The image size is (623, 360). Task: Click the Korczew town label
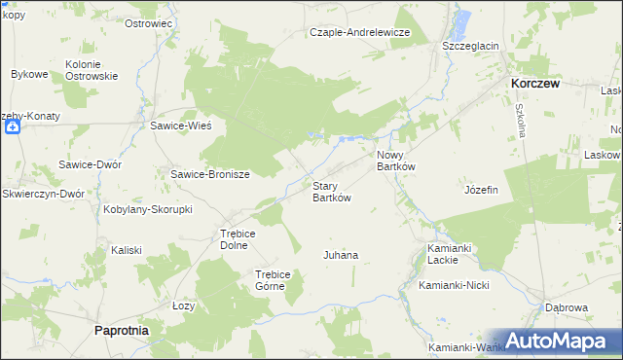coord(535,85)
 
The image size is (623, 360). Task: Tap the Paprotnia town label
coord(121,331)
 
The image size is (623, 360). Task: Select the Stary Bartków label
coord(331,192)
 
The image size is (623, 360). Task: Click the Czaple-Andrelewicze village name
coord(360,32)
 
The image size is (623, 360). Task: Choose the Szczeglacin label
coord(470,46)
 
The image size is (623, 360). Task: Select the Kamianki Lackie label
coord(450,254)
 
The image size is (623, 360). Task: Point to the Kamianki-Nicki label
coord(454,286)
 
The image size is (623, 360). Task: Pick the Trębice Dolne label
coord(237,239)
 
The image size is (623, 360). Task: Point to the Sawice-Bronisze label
coord(211,175)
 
